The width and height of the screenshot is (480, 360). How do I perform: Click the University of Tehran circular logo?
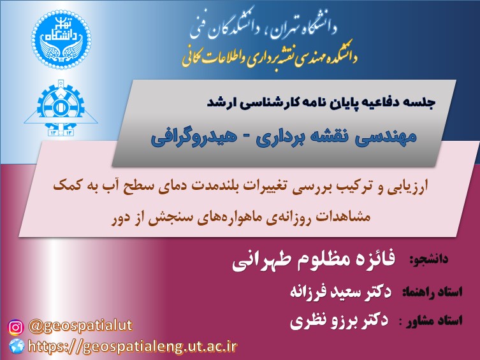tap(61, 40)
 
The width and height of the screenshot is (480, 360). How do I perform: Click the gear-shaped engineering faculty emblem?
tap(61, 108)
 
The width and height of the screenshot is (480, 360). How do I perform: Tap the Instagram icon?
tap(15, 328)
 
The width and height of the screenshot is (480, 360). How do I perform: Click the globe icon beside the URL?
tap(17, 346)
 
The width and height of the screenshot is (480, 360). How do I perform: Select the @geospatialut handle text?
tap(80, 326)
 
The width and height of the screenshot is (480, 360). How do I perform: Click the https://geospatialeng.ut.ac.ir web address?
tap(133, 346)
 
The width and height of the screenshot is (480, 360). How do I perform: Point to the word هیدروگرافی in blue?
tap(194, 138)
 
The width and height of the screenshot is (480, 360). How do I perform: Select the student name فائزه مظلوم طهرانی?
tap(314, 260)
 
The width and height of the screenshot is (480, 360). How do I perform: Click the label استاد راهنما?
tap(432, 292)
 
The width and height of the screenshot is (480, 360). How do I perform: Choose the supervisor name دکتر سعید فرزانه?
tap(340, 292)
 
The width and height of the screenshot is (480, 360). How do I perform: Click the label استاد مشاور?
tap(434, 321)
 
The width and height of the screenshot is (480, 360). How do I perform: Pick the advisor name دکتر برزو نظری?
tap(339, 320)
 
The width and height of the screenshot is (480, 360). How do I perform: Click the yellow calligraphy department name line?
tap(270, 55)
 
